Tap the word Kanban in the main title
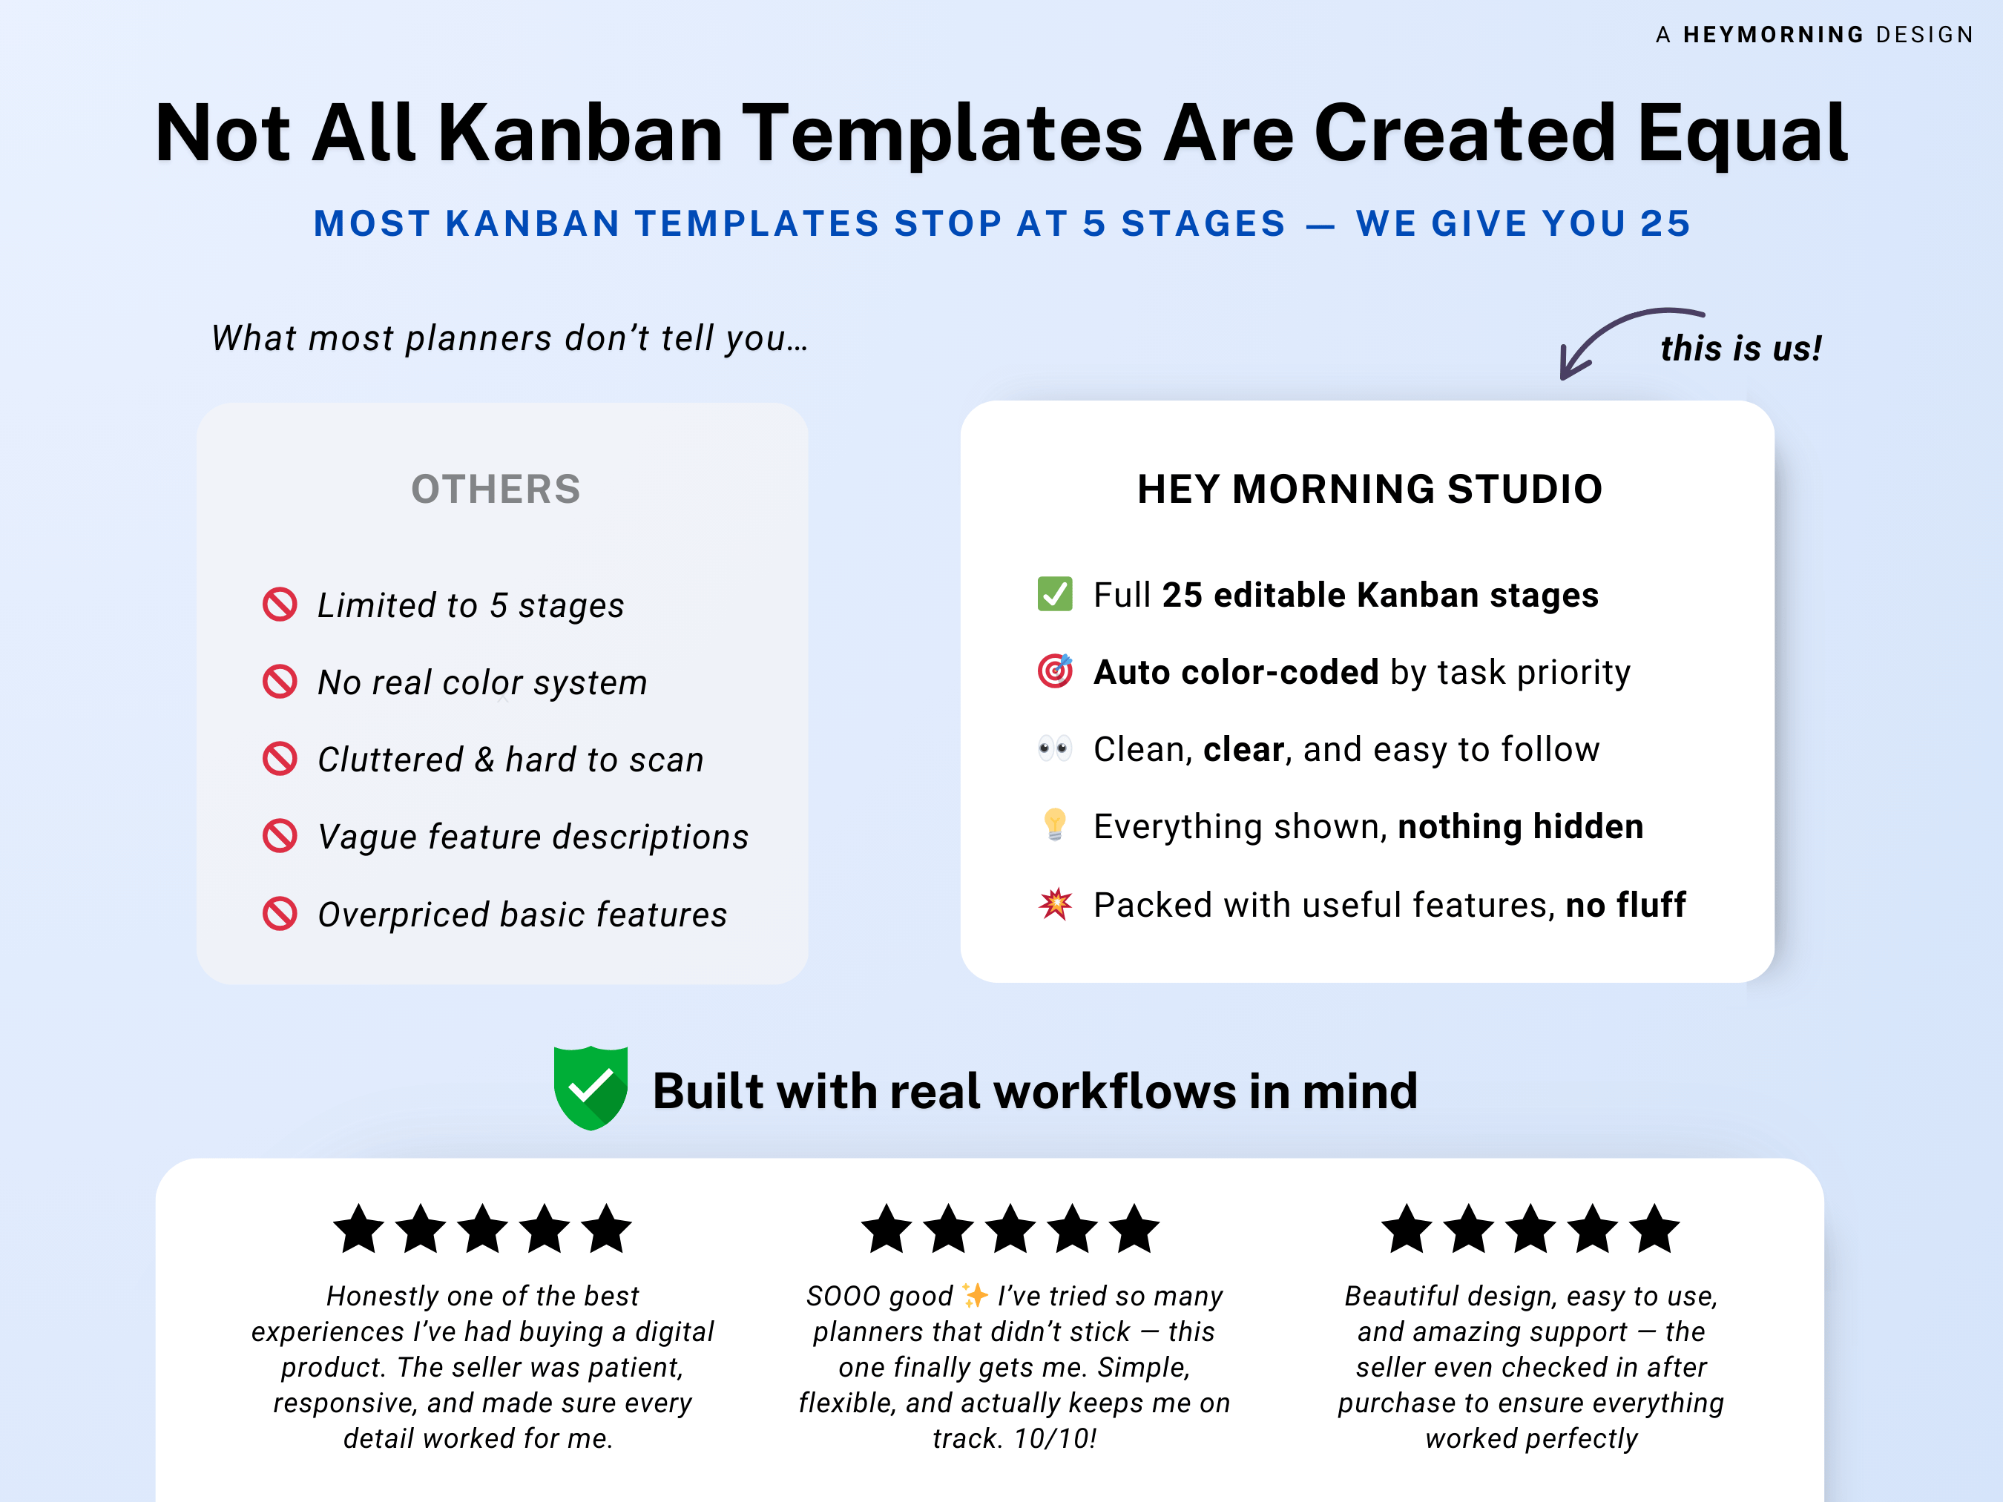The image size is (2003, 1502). point(579,134)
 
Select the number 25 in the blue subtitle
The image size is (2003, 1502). point(1665,223)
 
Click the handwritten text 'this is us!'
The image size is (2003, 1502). point(1740,349)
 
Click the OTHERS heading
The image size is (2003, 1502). point(496,489)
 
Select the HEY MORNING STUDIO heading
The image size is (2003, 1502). point(1369,489)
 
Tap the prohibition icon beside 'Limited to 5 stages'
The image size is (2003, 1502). point(280,604)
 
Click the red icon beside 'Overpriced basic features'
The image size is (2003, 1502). point(280,914)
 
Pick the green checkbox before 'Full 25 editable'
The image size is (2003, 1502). point(1054,594)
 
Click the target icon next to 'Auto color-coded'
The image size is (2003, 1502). point(1054,671)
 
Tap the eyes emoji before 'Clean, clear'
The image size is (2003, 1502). point(1054,748)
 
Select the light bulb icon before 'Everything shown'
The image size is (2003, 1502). point(1054,825)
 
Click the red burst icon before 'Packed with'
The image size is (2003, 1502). point(1054,903)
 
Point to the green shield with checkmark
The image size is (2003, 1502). point(591,1087)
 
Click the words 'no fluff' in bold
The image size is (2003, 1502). point(1625,904)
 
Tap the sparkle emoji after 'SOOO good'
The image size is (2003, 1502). point(976,1296)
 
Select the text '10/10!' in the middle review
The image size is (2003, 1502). point(1055,1439)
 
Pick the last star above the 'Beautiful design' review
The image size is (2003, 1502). point(1654,1230)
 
